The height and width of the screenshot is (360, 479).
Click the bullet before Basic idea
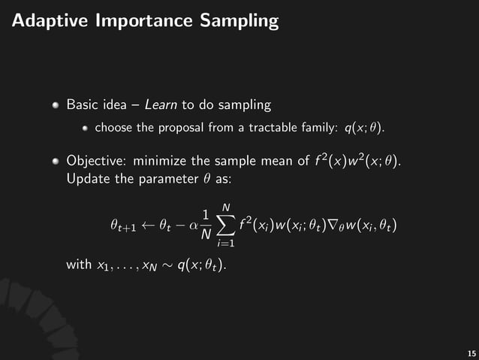(x=56, y=104)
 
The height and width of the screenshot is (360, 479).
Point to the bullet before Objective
(x=56, y=161)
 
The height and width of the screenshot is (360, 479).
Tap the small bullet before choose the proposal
(x=86, y=128)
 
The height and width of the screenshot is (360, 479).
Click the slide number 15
(x=471, y=352)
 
